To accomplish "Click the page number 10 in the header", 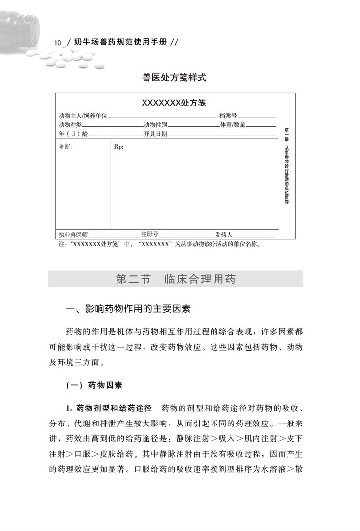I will point(58,43).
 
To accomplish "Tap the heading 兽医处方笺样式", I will point(174,77).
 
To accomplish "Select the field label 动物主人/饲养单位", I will point(83,116).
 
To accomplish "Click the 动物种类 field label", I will point(71,125).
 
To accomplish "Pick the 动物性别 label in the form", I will point(155,125).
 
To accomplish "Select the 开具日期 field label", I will point(155,134).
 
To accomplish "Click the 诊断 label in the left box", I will point(66,147).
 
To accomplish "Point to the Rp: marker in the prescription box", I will point(119,147).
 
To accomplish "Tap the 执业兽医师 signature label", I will point(73,234).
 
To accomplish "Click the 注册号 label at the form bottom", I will point(149,234).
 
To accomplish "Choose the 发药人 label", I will point(223,234).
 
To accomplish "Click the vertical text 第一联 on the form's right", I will point(287,135).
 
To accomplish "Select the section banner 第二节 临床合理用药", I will point(176,279).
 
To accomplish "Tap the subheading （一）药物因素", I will point(94,385).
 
